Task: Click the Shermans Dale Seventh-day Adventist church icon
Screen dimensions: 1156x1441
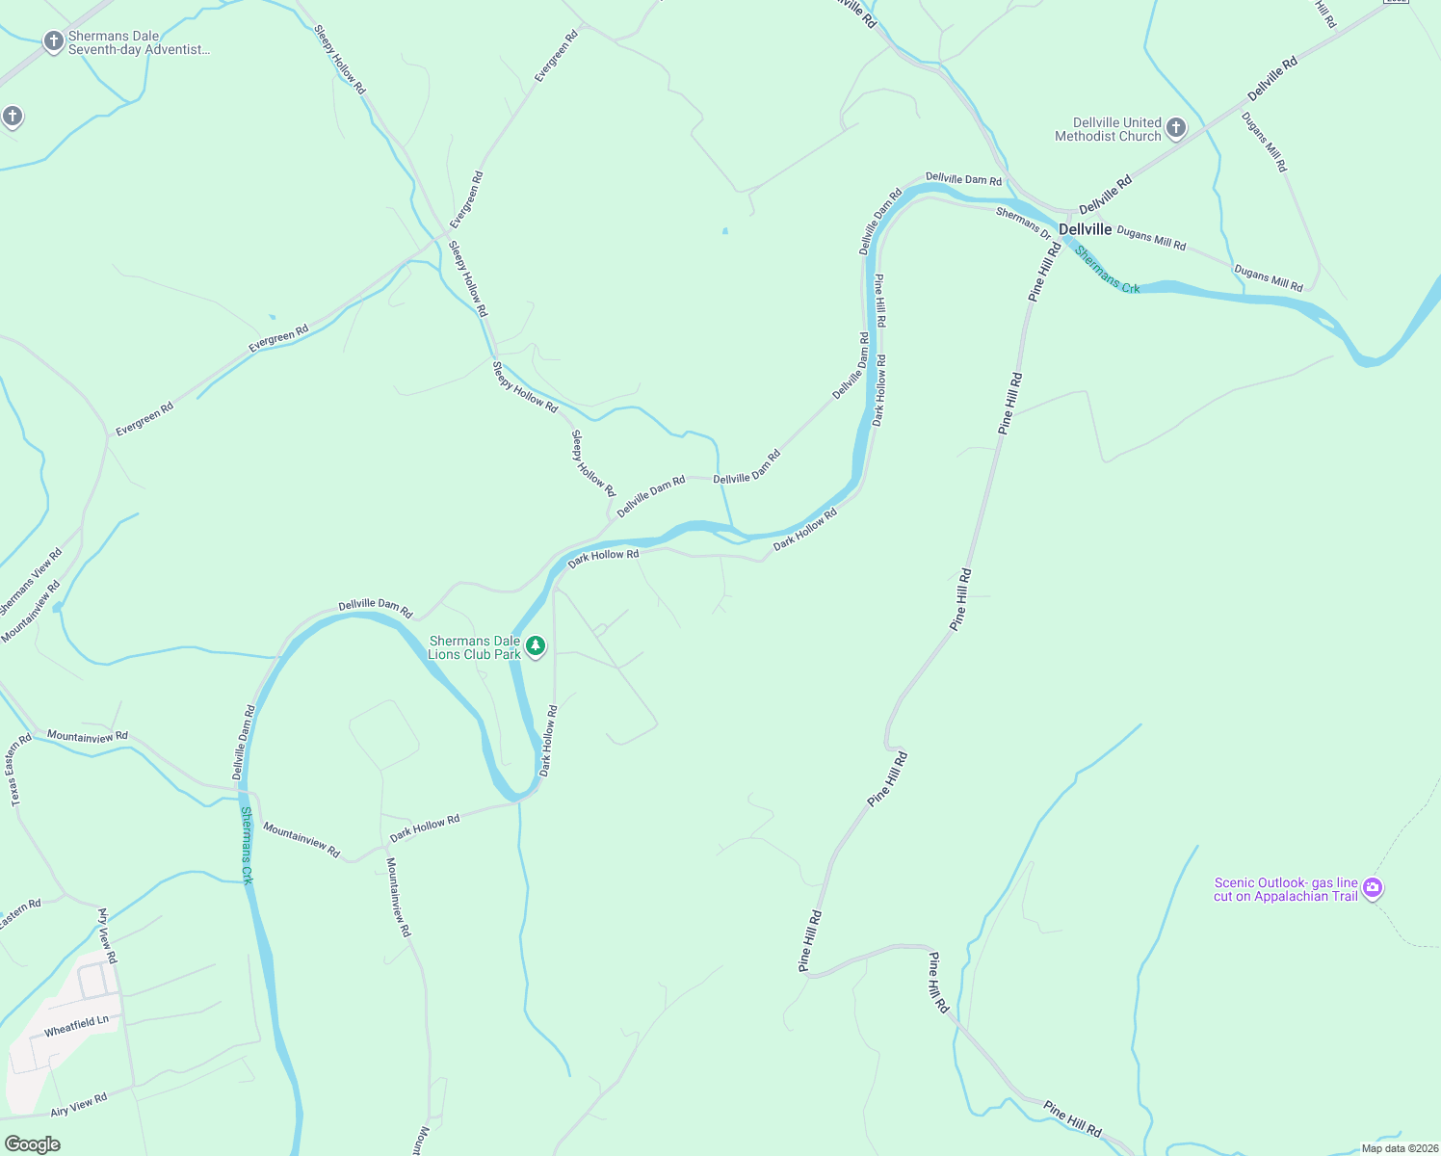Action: [x=54, y=41]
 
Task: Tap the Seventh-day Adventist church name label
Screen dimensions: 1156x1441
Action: [x=138, y=43]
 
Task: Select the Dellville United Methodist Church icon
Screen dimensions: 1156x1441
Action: [x=1175, y=128]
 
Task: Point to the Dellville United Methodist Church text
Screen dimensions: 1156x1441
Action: [x=1109, y=129]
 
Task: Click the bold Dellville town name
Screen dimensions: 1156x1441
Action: [x=1085, y=229]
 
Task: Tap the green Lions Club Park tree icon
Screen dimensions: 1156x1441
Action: [x=535, y=645]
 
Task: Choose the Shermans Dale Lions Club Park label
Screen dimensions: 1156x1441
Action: [x=475, y=647]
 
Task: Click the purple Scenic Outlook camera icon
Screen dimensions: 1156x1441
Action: [x=1374, y=887]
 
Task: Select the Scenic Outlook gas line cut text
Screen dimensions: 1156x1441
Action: [x=1285, y=889]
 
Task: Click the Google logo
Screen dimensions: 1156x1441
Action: [x=33, y=1143]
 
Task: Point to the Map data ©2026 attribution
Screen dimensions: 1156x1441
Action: [x=1396, y=1147]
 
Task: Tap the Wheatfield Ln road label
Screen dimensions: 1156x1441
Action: [x=76, y=1025]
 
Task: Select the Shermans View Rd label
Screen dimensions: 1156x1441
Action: [x=30, y=582]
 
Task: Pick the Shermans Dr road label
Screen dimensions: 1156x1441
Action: [x=1024, y=223]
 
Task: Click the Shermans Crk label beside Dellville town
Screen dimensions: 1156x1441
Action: [x=1108, y=271]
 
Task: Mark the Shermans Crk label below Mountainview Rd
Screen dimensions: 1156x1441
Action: [x=247, y=845]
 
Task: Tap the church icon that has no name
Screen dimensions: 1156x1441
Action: [x=12, y=118]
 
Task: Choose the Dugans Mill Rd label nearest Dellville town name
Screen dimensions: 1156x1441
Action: [x=1151, y=238]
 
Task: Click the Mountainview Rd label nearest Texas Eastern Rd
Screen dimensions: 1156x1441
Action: [x=88, y=736]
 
